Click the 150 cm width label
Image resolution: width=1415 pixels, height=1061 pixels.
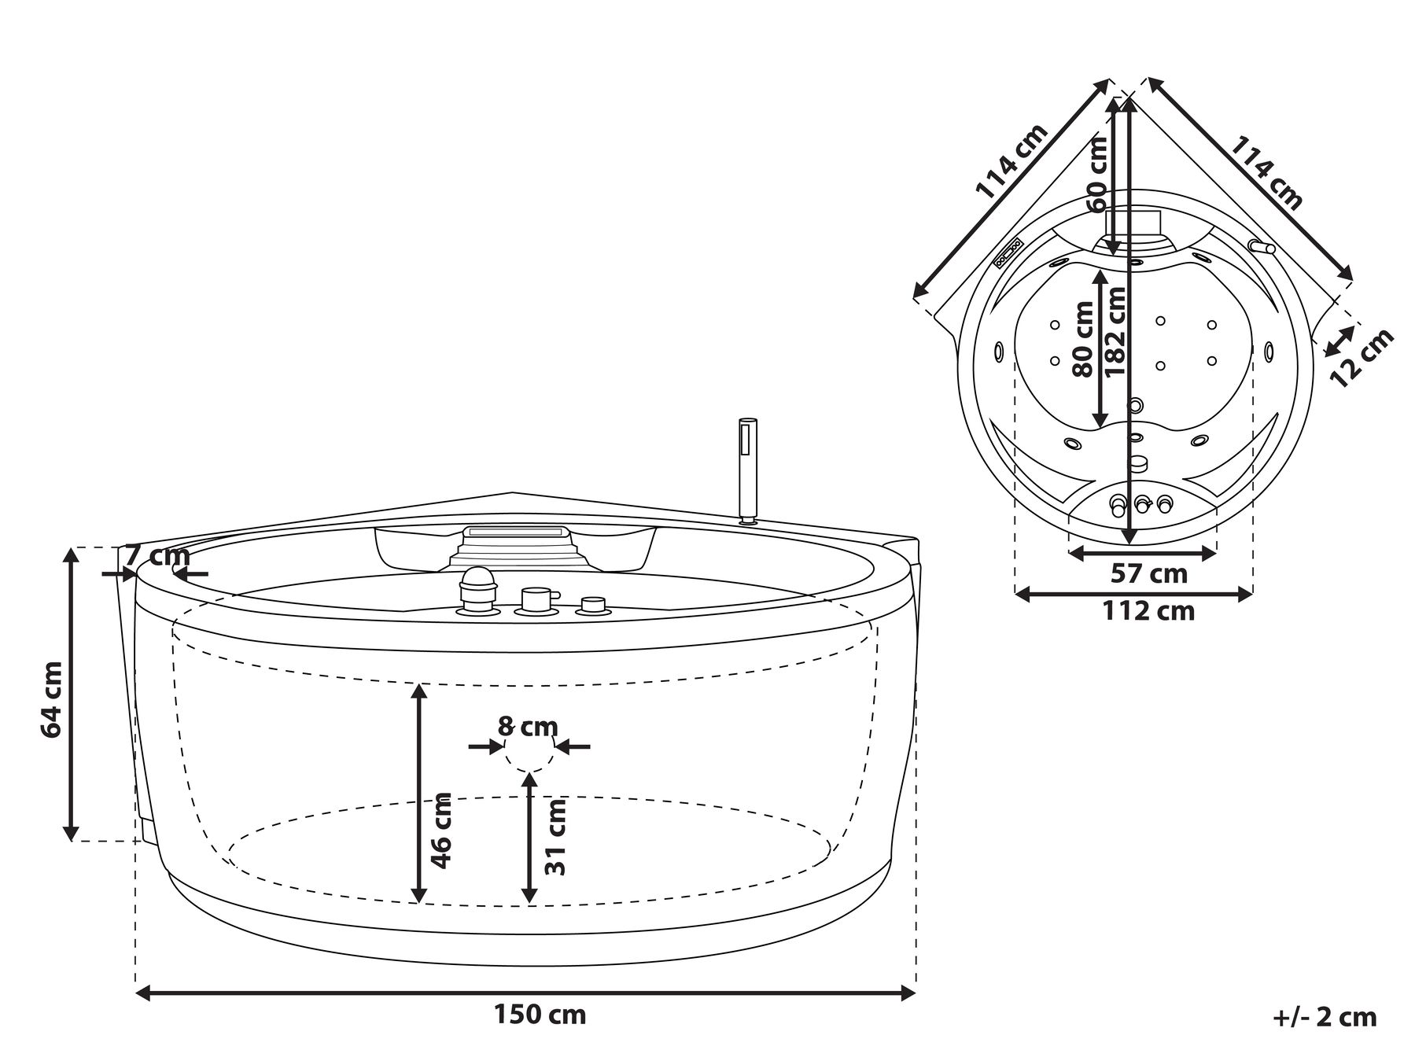(x=540, y=1015)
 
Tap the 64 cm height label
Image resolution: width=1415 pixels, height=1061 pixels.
(x=52, y=699)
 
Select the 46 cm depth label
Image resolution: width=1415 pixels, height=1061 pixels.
(x=442, y=830)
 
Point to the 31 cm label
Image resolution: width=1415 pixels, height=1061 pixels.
(x=556, y=837)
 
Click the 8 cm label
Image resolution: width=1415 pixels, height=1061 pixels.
(x=528, y=726)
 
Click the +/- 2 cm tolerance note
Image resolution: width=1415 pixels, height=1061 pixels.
(x=1325, y=1017)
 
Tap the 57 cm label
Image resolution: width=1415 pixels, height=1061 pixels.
(x=1148, y=573)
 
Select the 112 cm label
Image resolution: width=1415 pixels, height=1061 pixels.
(x=1148, y=610)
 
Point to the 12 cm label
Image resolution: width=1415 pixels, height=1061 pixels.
(x=1362, y=357)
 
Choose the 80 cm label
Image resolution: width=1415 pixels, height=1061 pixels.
(x=1083, y=340)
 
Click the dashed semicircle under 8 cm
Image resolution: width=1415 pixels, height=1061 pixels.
(x=529, y=757)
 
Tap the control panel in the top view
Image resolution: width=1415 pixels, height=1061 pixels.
(x=1008, y=253)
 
